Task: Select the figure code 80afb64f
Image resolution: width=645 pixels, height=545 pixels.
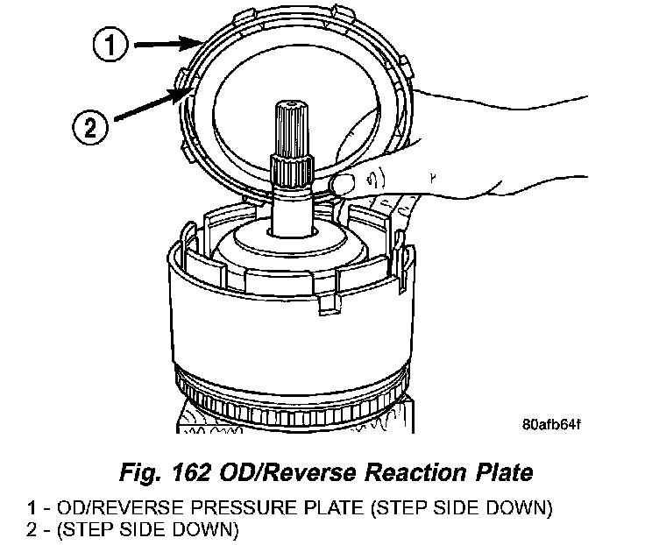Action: [x=551, y=427]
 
